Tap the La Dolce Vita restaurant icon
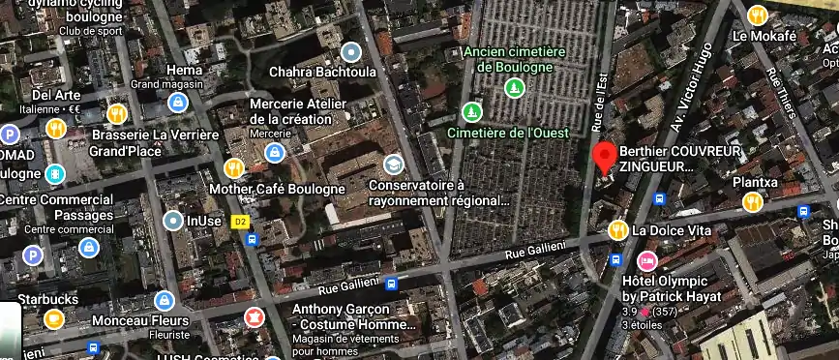point(617,230)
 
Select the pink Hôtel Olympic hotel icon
point(646,260)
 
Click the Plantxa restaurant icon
point(751,201)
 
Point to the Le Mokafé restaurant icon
point(758,15)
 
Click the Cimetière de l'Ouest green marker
point(471,112)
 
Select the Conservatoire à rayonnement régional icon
point(393,165)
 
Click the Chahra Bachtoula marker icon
point(350,51)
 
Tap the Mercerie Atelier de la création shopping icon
point(275,152)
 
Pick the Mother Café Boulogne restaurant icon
point(234,167)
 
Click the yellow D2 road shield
point(241,222)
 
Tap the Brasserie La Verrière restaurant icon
point(117,113)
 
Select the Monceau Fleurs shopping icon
point(164,300)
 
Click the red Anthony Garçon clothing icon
point(255,315)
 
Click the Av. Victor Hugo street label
point(691,87)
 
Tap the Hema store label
point(184,70)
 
